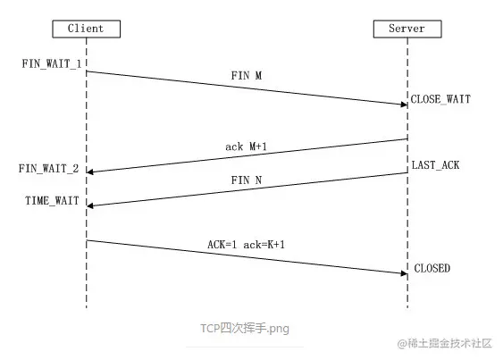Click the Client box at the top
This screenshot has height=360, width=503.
(86, 28)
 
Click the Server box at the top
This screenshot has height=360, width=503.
(407, 28)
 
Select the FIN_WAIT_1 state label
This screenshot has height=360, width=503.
(52, 66)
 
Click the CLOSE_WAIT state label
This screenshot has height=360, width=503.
(440, 101)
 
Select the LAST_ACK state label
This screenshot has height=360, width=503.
(436, 166)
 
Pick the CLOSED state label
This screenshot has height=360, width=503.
(432, 269)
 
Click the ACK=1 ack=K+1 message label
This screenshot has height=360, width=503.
(247, 244)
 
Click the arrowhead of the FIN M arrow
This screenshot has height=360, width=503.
(404, 105)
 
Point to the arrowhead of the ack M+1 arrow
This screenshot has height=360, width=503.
(90, 172)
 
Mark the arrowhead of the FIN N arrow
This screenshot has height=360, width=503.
(90, 205)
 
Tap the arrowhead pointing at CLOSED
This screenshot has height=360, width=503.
(404, 273)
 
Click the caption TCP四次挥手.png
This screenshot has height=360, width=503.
(245, 328)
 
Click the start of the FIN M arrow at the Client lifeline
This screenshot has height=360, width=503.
(88, 71)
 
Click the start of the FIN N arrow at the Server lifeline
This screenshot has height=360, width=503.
(407, 173)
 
